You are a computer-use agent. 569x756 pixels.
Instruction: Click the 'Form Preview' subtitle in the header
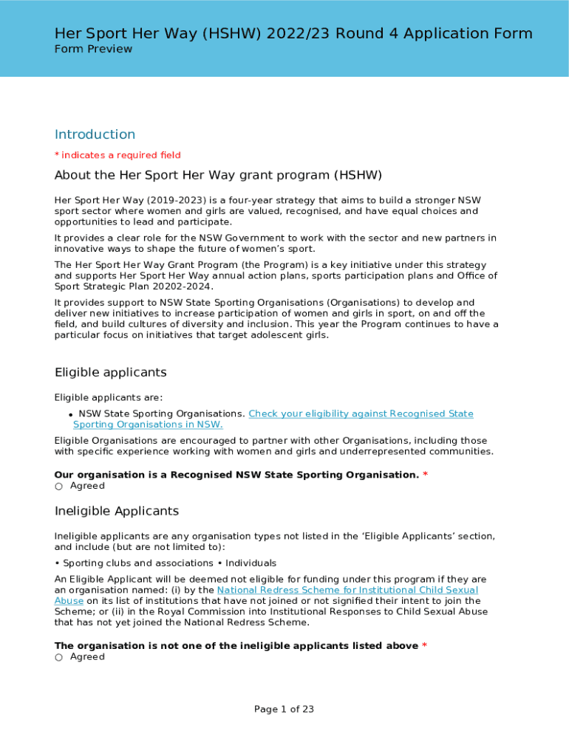tap(93, 49)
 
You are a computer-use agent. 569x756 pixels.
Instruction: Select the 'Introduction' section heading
tap(95, 134)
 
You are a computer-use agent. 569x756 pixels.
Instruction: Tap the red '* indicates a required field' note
tap(117, 155)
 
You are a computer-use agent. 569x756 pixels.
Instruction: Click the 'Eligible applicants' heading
tap(110, 372)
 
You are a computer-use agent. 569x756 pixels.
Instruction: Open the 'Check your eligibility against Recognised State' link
tap(361, 413)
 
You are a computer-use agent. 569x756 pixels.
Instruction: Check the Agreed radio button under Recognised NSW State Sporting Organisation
tap(59, 486)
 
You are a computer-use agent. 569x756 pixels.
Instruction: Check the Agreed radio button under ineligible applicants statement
tap(59, 657)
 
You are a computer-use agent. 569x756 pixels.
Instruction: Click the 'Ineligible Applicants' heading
tap(116, 511)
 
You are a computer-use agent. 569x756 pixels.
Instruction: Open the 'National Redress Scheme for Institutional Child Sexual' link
tap(347, 590)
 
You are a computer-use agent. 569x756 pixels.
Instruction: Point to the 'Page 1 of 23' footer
tap(284, 709)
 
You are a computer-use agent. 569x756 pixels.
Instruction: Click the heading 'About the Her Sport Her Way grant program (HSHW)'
tap(218, 175)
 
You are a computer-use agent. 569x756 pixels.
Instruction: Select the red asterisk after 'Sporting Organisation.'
tap(425, 475)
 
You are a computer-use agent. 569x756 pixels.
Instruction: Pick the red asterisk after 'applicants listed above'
tap(424, 646)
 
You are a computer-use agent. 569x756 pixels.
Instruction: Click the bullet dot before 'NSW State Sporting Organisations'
tap(69, 415)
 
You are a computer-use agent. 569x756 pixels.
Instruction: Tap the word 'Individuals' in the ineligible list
tap(251, 563)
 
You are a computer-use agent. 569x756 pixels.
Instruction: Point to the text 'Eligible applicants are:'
tap(109, 397)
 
